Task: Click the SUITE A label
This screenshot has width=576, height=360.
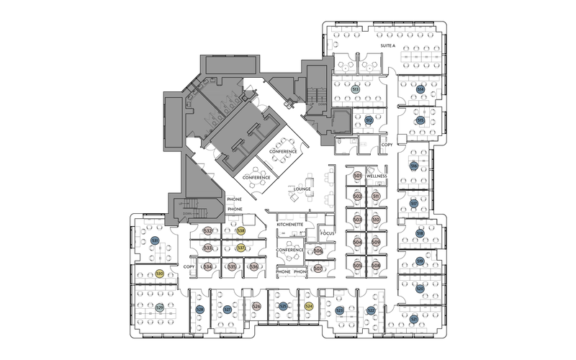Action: coord(388,45)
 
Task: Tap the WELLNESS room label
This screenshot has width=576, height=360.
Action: coord(377,176)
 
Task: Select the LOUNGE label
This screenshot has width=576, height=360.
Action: coord(302,189)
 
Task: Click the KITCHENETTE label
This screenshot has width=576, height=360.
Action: coord(294,225)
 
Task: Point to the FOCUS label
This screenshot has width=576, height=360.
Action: coord(328,233)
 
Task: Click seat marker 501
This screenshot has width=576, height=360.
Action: coord(357,176)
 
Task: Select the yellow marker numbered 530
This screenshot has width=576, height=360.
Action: coord(159,274)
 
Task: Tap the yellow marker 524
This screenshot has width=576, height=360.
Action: coord(309,307)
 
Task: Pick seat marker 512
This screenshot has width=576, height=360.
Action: coord(369,120)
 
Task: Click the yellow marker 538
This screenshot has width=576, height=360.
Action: coord(241,230)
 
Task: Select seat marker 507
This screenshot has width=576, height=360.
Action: coord(318,268)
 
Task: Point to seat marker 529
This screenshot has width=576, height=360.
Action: coord(159,307)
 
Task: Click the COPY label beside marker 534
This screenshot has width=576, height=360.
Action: coord(189,267)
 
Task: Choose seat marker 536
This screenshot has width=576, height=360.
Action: coord(254,267)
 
